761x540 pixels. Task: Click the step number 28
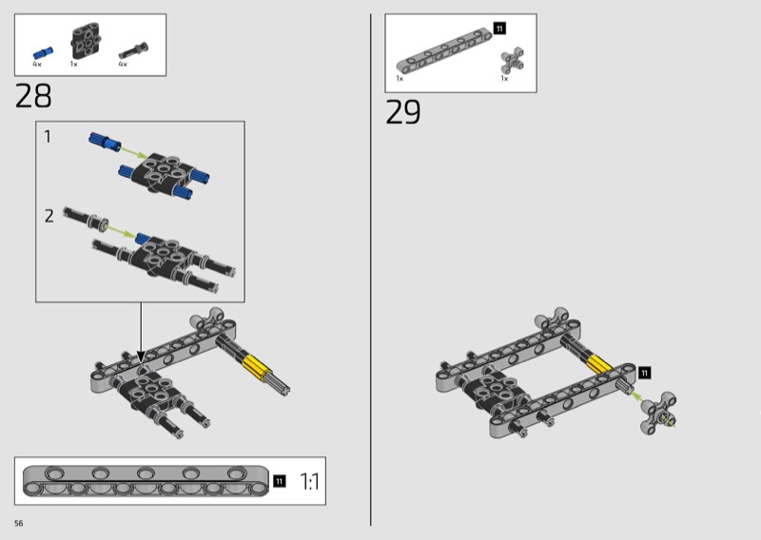(33, 96)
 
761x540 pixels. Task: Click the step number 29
(402, 112)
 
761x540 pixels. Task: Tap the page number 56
(18, 523)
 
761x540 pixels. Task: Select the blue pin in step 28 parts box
(43, 53)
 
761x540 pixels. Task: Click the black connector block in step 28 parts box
(86, 41)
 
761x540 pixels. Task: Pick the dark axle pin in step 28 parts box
(133, 50)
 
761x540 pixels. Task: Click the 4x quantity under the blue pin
(37, 64)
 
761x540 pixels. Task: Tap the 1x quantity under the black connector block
(74, 64)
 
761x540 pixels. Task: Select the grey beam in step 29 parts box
(443, 51)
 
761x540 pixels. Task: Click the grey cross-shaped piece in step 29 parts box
(513, 60)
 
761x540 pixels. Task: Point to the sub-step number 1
(47, 136)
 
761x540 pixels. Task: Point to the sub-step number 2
(49, 216)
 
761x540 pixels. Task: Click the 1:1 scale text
(310, 482)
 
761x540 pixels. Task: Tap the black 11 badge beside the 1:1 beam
(279, 481)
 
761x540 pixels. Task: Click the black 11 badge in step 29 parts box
(499, 29)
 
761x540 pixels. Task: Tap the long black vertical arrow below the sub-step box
(141, 333)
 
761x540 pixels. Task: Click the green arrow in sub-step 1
(133, 151)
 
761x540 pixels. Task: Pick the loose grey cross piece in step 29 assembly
(658, 413)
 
